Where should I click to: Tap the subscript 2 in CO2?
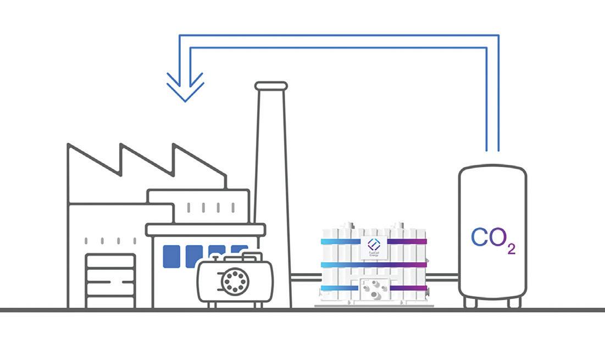tap(511, 249)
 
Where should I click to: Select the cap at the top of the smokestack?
tap(271, 86)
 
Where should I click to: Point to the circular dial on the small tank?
tap(234, 281)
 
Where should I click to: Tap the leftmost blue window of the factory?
tap(171, 256)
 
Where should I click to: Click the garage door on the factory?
tap(110, 280)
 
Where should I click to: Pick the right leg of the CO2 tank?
tap(514, 302)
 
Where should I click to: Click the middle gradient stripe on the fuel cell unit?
tap(374, 264)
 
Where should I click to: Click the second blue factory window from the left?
tap(194, 256)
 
